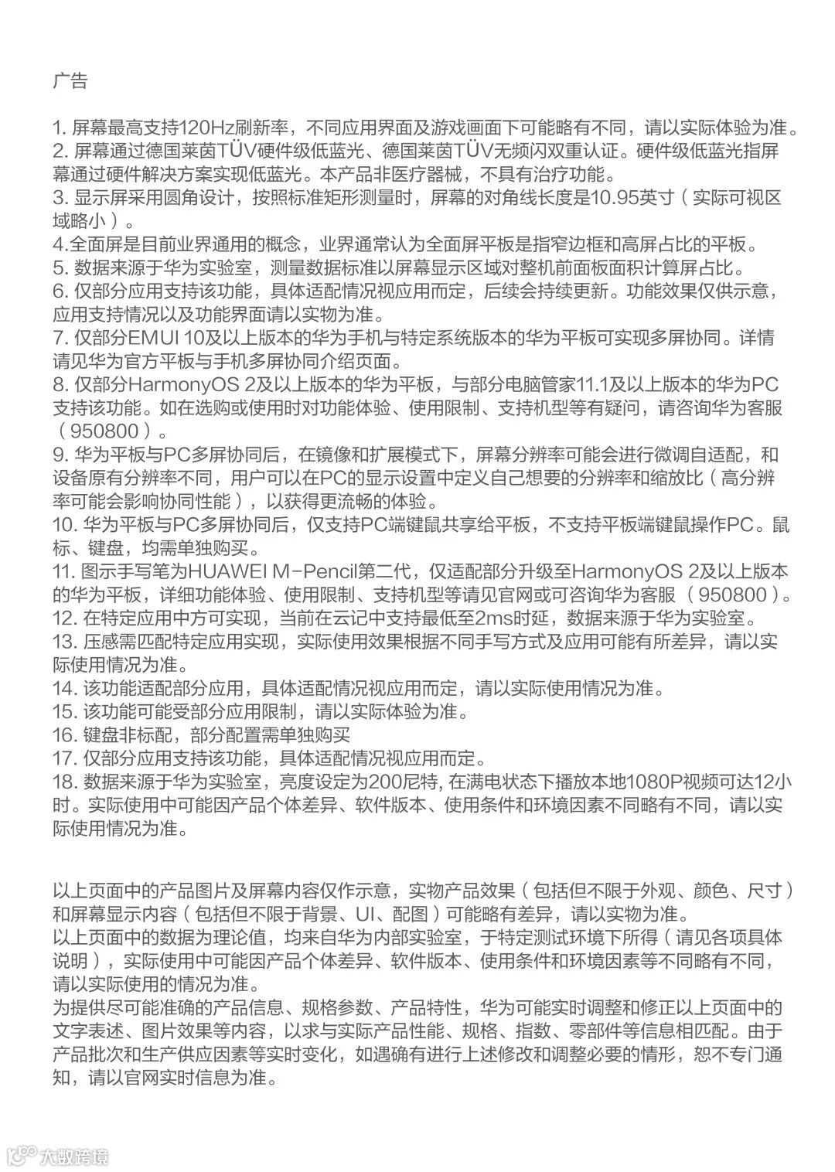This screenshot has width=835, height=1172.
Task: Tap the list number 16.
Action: [x=63, y=734]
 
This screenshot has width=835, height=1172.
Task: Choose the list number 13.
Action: [x=63, y=641]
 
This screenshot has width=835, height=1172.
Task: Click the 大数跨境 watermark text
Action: [x=75, y=1157]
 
